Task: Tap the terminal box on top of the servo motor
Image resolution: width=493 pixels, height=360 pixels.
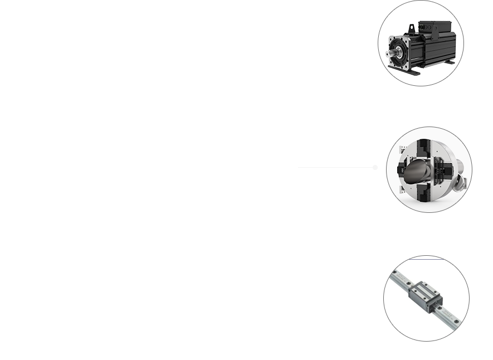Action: (437, 26)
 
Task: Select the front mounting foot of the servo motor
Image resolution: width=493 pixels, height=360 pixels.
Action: (412, 71)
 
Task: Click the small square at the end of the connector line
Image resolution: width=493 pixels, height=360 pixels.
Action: (375, 167)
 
